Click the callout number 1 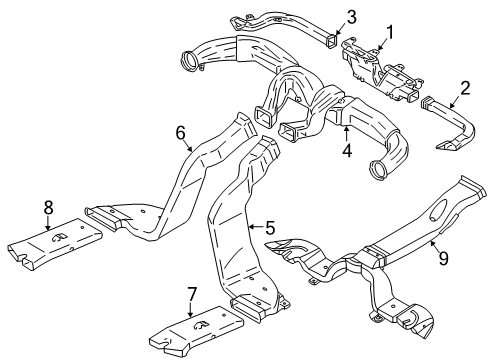390,33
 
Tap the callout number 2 465,88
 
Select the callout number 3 351,17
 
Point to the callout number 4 347,151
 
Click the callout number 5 270,228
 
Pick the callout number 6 180,134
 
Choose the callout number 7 192,294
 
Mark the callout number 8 48,208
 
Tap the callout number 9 443,258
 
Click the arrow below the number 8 48,223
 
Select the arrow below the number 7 191,310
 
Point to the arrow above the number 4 347,133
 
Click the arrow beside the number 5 256,227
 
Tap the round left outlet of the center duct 191,61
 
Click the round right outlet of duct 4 379,170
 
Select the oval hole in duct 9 438,209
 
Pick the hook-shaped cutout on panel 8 60,236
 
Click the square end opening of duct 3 332,41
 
